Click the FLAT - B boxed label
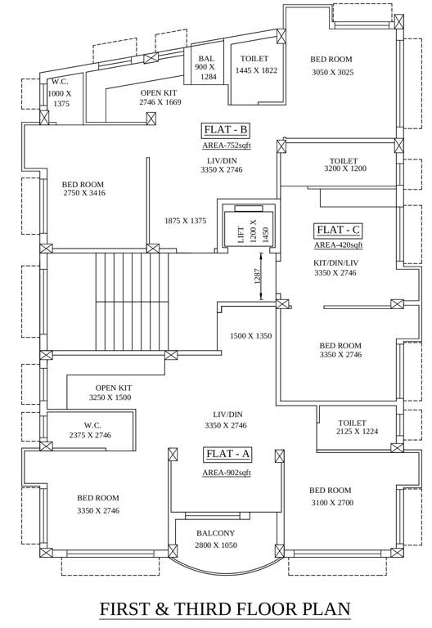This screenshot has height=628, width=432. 225,130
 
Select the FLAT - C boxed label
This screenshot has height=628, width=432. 338,230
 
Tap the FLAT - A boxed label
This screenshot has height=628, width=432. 227,454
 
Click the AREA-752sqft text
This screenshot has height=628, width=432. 227,146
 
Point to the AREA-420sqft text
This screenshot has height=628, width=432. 338,244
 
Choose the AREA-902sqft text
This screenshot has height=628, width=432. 227,473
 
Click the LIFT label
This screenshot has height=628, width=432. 241,232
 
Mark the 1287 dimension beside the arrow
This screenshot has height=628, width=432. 257,276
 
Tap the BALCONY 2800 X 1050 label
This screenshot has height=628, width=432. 215,539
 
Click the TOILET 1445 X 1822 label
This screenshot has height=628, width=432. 256,65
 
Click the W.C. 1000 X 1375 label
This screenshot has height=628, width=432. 60,93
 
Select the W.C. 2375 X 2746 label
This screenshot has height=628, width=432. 90,430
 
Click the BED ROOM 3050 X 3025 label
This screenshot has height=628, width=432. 331,66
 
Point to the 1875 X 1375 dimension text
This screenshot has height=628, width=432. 185,221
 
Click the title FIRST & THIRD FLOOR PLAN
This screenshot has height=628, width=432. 225,609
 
